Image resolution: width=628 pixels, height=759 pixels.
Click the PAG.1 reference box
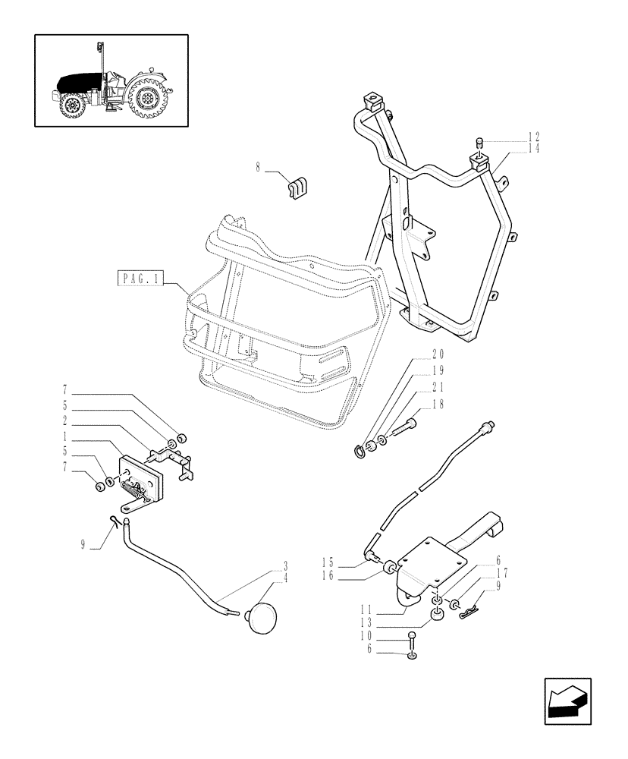click(x=142, y=279)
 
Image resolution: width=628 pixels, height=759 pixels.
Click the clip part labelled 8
click(x=297, y=187)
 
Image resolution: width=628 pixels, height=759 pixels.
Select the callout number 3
click(x=285, y=565)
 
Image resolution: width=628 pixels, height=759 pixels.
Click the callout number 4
click(x=285, y=578)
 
